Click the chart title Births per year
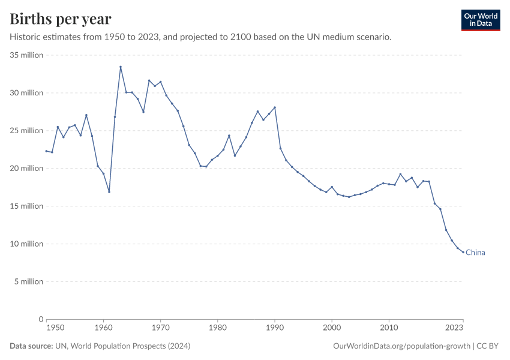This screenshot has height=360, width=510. click(61, 19)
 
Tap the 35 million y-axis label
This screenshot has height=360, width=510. click(26, 55)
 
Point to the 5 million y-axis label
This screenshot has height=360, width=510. click(28, 281)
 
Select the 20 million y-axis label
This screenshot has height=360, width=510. click(26, 169)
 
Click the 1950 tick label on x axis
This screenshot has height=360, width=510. click(55, 328)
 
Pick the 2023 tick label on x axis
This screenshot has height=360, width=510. click(454, 328)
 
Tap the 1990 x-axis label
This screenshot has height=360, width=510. click(275, 328)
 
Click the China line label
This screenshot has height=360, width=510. click(475, 253)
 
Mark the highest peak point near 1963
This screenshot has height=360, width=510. click(121, 67)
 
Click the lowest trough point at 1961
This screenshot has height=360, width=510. click(109, 192)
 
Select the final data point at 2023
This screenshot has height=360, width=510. click(463, 252)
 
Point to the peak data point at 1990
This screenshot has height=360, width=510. click(275, 107)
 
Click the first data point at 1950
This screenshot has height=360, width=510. click(46, 151)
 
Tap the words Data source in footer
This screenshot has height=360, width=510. click(30, 346)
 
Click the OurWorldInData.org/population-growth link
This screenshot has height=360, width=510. click(401, 346)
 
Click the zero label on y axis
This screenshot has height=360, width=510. click(41, 319)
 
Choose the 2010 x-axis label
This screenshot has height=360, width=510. click(389, 328)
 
